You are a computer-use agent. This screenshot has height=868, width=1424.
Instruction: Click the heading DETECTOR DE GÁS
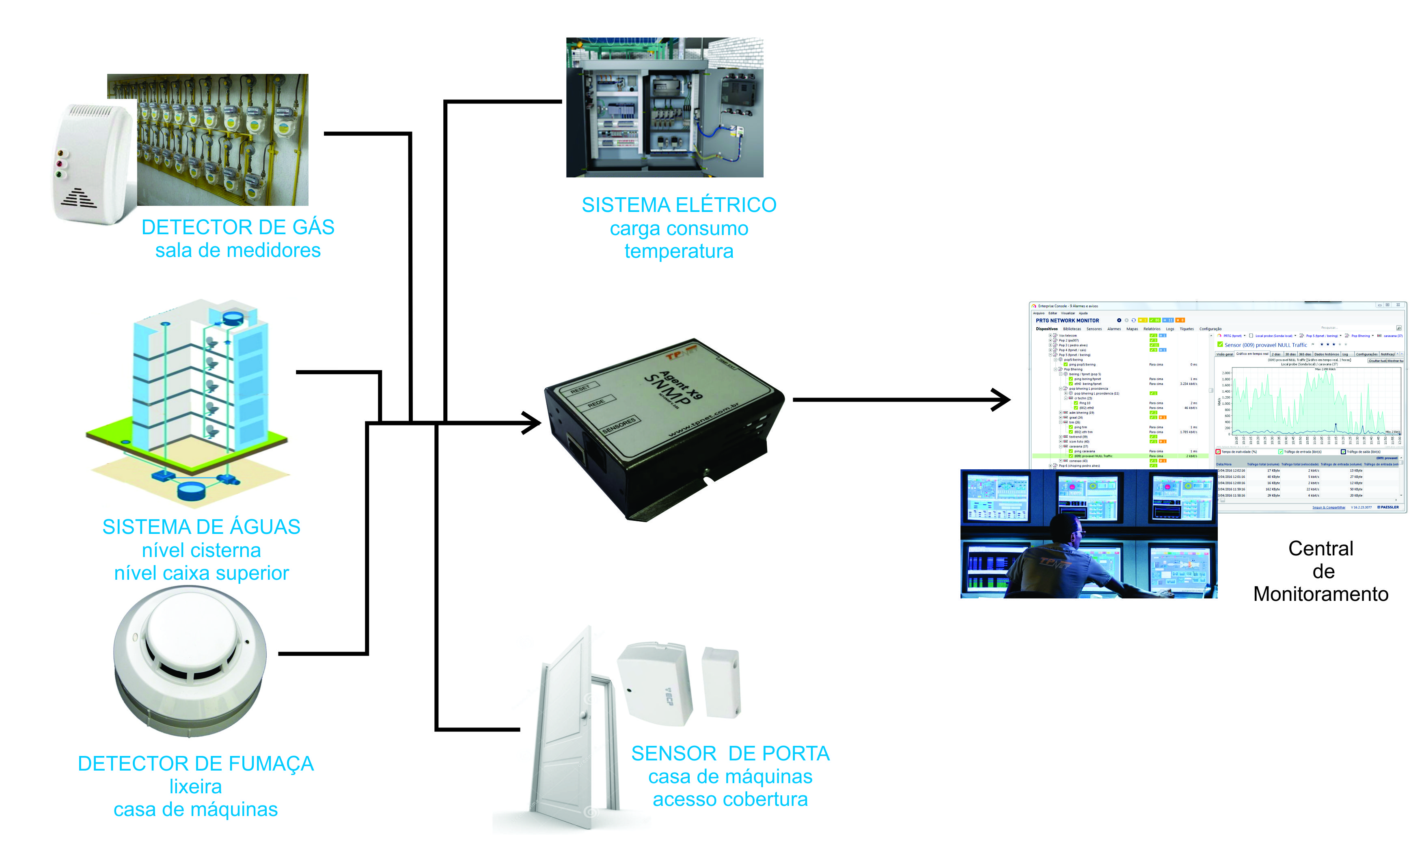click(237, 227)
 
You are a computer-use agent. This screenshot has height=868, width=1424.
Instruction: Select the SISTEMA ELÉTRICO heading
click(678, 205)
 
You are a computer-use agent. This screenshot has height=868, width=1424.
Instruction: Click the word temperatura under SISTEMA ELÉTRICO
click(678, 251)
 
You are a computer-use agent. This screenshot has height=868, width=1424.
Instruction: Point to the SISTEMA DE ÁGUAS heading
click(201, 527)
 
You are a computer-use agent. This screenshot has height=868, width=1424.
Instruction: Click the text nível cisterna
click(201, 550)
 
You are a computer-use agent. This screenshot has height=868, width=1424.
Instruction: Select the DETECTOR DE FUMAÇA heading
click(195, 763)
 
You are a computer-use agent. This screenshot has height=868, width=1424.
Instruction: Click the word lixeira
click(195, 786)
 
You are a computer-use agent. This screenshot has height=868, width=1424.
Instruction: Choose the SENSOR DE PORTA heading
click(730, 754)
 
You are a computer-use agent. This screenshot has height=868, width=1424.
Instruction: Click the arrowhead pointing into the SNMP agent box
click(532, 423)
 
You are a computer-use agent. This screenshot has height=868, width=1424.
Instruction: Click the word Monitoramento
click(1320, 594)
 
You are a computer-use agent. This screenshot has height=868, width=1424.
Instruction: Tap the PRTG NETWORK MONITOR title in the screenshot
click(1067, 321)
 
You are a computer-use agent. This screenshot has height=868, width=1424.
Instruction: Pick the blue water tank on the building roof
click(233, 317)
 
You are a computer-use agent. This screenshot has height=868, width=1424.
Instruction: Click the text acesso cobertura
click(730, 799)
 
